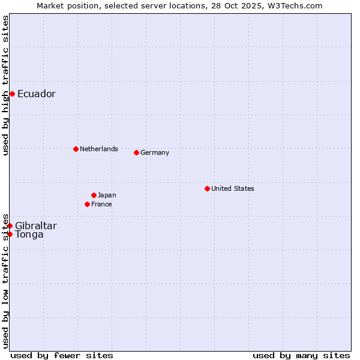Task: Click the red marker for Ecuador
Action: click(12, 94)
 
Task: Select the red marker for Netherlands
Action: click(76, 149)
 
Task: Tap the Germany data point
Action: click(136, 152)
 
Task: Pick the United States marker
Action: click(207, 188)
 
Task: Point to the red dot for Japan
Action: click(94, 195)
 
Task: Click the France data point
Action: click(87, 204)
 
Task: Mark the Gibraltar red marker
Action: click(10, 226)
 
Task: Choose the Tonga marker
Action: click(10, 234)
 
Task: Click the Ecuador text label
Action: click(37, 94)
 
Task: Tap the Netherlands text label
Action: click(99, 149)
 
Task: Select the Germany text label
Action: click(155, 152)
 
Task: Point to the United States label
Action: click(233, 188)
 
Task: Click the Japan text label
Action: click(107, 195)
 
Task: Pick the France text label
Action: click(101, 204)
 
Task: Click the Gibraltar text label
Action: click(36, 226)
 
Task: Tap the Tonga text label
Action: click(29, 235)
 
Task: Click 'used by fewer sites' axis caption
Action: click(62, 355)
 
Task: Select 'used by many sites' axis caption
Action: click(301, 355)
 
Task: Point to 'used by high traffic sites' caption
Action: click(5, 85)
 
